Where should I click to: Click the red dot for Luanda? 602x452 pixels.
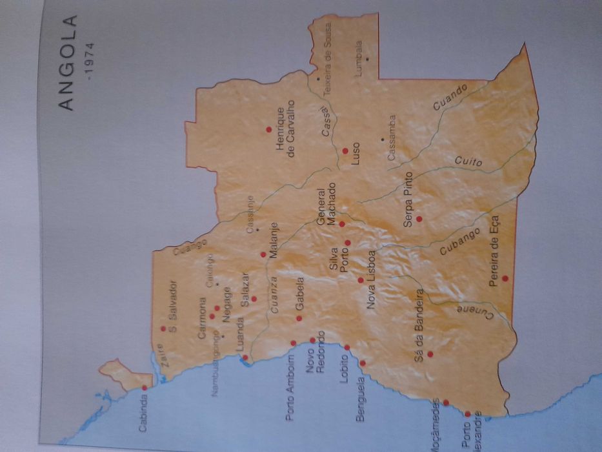[x=245, y=357]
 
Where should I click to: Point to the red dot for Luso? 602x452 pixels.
[x=345, y=150]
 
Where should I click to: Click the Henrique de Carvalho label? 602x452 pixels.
[x=285, y=127]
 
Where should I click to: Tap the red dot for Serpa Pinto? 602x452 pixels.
[x=419, y=219]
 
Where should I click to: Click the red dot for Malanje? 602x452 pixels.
[x=263, y=254]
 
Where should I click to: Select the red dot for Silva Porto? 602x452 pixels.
[x=347, y=243]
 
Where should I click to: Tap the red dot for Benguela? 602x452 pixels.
[x=362, y=363]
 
